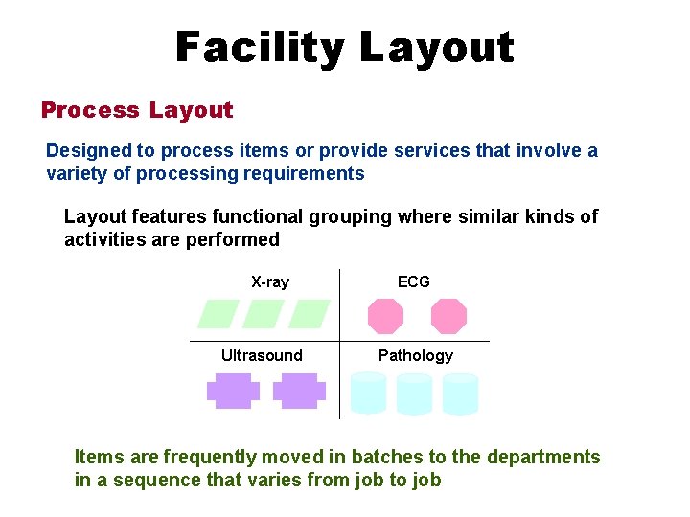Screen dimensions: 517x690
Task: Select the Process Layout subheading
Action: (137, 110)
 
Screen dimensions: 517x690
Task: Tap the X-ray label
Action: (269, 281)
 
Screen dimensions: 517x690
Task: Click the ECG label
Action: (414, 281)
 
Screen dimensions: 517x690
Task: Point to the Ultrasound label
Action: (262, 355)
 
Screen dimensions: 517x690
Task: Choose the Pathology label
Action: (415, 355)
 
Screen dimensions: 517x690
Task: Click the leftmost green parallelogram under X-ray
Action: (218, 314)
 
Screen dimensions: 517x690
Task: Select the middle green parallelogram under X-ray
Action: (264, 314)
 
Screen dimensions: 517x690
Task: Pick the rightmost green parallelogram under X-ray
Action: (309, 314)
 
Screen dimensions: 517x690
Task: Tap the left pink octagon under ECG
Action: (386, 315)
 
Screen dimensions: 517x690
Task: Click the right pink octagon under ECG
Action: (448, 315)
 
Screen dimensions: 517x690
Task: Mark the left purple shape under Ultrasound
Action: (233, 391)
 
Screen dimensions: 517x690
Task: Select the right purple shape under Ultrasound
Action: (299, 391)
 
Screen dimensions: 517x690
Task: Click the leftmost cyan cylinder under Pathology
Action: (369, 393)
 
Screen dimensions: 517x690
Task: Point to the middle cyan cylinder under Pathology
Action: (414, 393)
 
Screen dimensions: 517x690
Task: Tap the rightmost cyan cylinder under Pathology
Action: (460, 393)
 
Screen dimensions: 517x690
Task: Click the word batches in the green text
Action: (380, 458)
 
